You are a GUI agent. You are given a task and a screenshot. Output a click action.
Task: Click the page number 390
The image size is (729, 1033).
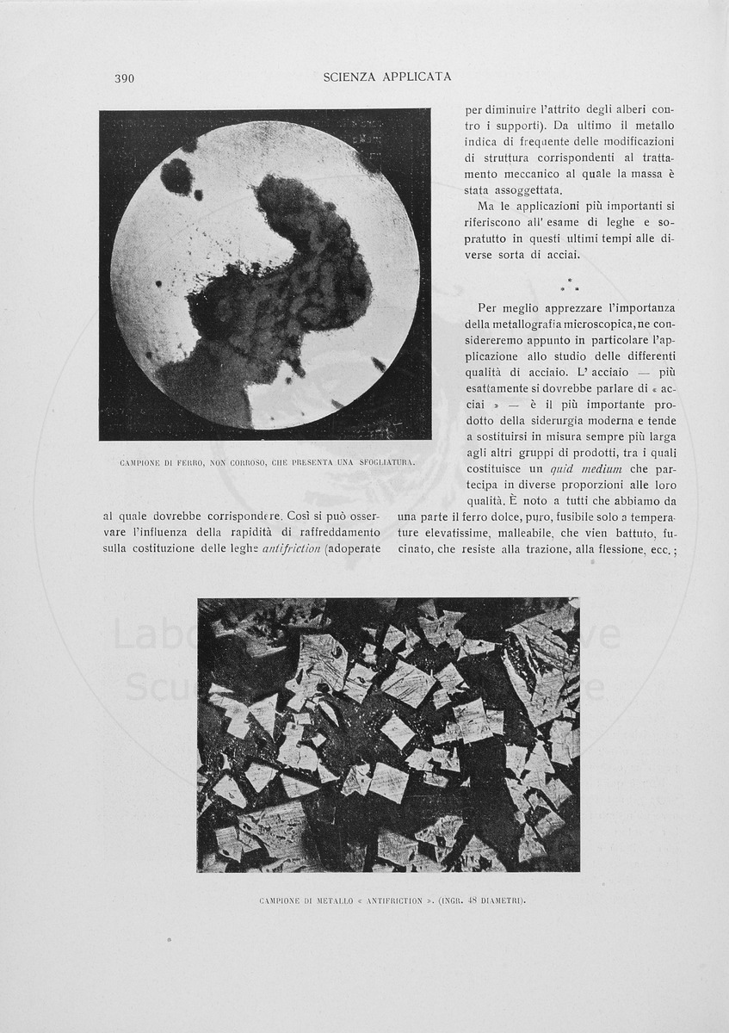coord(124,79)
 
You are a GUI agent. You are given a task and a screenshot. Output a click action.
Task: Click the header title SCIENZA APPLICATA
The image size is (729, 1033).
coord(387,77)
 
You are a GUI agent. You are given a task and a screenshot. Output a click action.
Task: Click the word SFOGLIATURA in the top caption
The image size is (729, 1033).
coord(383,461)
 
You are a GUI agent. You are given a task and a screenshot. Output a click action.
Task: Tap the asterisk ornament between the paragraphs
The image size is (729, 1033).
coord(571,283)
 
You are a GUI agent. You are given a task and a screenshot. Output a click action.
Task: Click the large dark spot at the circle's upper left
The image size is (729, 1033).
coord(176,176)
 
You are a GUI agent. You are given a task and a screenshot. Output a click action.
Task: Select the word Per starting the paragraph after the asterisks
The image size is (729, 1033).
coord(488,308)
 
